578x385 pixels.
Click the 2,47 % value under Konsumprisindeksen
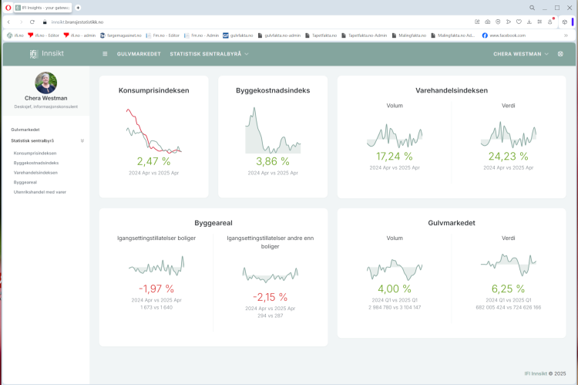click(x=153, y=161)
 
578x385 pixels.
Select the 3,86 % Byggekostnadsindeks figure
click(x=272, y=161)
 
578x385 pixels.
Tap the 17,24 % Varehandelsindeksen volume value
click(x=394, y=156)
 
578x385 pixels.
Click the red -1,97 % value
click(x=156, y=288)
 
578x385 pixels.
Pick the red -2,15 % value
click(x=270, y=297)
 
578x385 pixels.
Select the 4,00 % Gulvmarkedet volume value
click(x=394, y=288)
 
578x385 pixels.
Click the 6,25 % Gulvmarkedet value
click(x=508, y=288)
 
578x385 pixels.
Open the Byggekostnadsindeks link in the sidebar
click(x=36, y=163)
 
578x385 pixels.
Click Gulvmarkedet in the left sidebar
click(x=25, y=130)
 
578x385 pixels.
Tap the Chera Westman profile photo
click(x=45, y=83)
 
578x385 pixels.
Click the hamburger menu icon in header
click(x=105, y=54)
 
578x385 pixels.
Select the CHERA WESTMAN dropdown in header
click(x=521, y=54)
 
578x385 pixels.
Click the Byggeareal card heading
click(x=213, y=223)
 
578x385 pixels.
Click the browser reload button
click(x=32, y=22)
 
